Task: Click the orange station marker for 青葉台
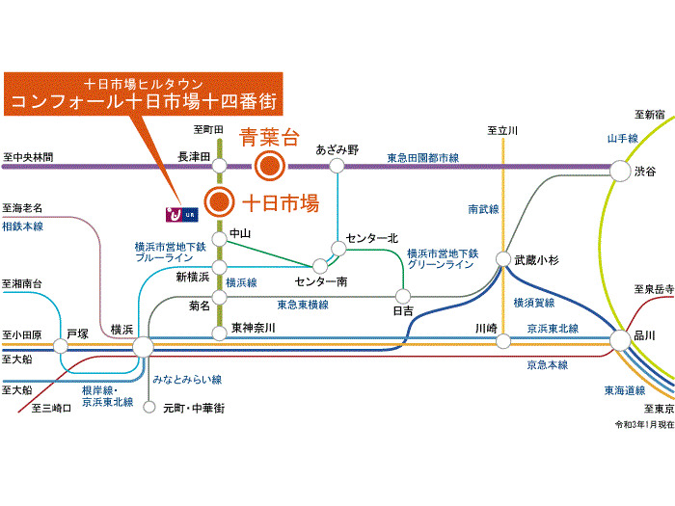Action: [268, 166]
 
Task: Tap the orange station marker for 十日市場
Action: [220, 202]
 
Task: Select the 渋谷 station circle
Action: [618, 171]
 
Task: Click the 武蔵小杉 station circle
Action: [503, 259]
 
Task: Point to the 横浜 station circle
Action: [143, 346]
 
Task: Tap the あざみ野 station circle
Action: [337, 166]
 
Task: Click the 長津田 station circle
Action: [220, 166]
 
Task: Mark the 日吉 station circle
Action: [403, 296]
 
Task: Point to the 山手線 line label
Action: [623, 139]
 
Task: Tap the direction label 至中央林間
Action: [29, 156]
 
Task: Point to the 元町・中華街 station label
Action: [194, 409]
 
